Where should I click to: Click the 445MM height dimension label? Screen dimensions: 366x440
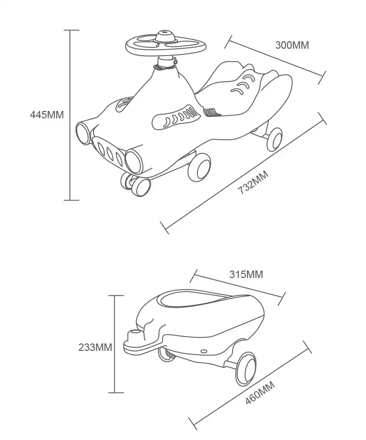click(47, 115)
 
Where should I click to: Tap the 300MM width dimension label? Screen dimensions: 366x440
click(292, 45)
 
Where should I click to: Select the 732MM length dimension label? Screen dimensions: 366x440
click(253, 182)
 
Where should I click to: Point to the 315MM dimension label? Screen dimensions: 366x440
click(246, 274)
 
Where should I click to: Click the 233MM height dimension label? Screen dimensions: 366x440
click(95, 347)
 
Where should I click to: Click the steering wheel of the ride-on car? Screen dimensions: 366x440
click(166, 46)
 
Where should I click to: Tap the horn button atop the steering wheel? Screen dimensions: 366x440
click(165, 36)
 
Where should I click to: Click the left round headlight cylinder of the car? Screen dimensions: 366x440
click(83, 134)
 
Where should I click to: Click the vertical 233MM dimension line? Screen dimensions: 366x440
click(115, 344)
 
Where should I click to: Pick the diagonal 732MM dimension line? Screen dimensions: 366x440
click(243, 173)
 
